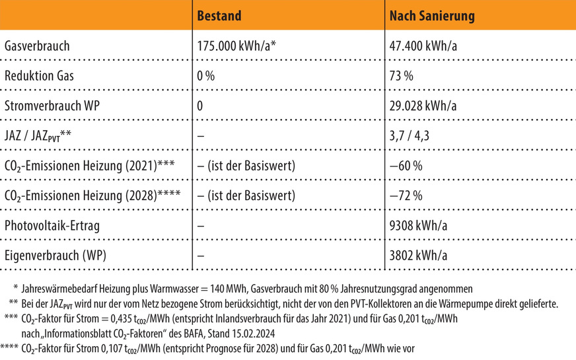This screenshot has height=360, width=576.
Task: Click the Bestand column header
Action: [x=219, y=15]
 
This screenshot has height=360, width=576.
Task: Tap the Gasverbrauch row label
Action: [x=36, y=46]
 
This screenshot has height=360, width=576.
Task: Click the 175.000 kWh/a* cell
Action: [x=236, y=46]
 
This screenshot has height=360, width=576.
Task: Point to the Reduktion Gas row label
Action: [x=39, y=76]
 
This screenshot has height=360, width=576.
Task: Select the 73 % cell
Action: [x=401, y=76]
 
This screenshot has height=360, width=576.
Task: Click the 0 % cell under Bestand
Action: [x=206, y=76]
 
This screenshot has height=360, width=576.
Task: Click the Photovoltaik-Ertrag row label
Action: [x=52, y=226]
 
